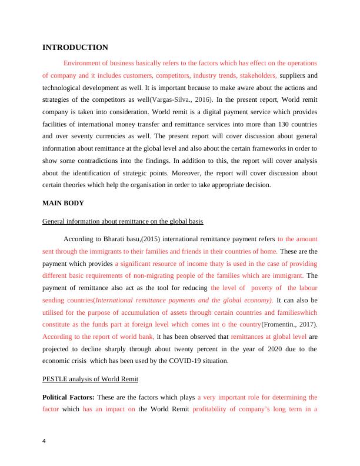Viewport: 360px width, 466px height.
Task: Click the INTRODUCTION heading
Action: pyautogui.click(x=75, y=47)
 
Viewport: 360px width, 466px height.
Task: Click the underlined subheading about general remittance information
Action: pyautogui.click(x=123, y=222)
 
